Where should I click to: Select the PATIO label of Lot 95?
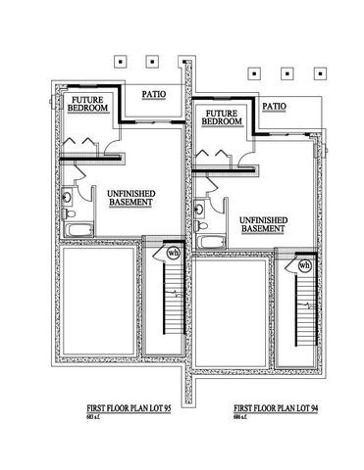pyautogui.click(x=152, y=95)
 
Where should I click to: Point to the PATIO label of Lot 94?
pyautogui.click(x=275, y=106)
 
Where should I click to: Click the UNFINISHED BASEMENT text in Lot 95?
pyautogui.click(x=128, y=201)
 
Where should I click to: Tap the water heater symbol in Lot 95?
pyautogui.click(x=174, y=253)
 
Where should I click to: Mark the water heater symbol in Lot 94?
pyautogui.click(x=304, y=264)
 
